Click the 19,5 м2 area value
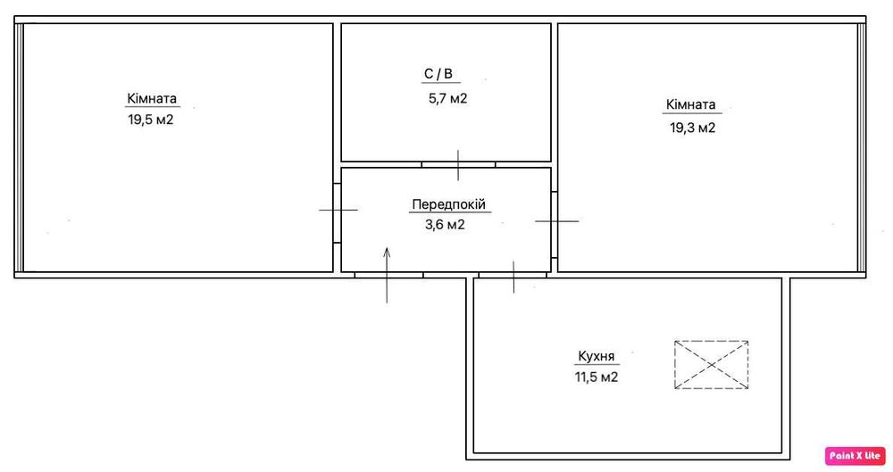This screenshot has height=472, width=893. coord(150,120)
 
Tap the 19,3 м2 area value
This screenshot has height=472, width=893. coord(693,128)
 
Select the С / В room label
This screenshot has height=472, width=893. coord(438,73)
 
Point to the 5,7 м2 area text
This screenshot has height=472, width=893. coord(447,98)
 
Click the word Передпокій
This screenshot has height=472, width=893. coord(449,204)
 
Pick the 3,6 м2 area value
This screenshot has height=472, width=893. coord(445,224)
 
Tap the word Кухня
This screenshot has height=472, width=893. coord(597,356)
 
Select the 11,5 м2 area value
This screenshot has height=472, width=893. coord(597,377)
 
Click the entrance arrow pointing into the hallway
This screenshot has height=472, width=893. coord(387,275)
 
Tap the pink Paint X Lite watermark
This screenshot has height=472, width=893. coord(855,455)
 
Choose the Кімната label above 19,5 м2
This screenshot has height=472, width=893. coord(152,98)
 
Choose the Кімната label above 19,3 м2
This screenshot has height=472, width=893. coord(691,104)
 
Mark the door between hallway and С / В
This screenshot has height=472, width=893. coord(458,164)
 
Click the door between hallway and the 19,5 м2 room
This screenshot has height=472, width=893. coord(338,210)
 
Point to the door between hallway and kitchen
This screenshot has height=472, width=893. coord(513,276)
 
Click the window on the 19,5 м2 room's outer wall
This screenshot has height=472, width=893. coord(19,147)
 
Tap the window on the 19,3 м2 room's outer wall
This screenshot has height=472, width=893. coord(862,147)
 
